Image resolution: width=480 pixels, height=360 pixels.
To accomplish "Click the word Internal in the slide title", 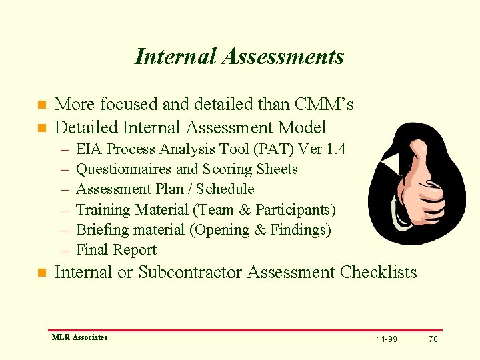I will (x=175, y=57).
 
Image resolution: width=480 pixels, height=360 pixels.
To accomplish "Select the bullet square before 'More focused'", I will (x=41, y=105).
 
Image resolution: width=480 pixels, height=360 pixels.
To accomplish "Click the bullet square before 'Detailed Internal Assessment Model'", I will (x=41, y=127).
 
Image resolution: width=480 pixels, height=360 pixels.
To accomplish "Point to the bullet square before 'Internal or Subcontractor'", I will (x=41, y=273).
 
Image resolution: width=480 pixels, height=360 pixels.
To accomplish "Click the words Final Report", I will (x=117, y=250).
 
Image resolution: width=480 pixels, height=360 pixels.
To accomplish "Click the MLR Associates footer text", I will (x=79, y=337).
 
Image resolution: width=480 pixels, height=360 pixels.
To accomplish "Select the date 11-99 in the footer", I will (x=387, y=339).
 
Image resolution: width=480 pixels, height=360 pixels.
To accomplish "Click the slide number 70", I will (x=433, y=339).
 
